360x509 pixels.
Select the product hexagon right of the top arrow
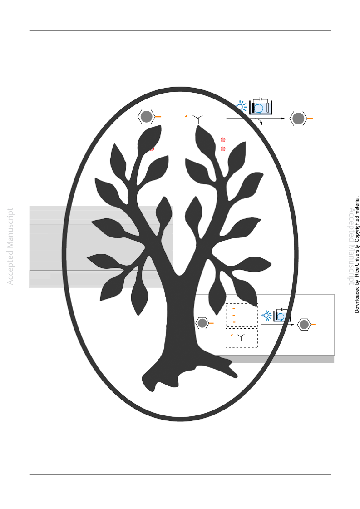point(298,119)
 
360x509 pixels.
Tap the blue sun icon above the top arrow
point(241,106)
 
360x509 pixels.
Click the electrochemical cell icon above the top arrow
point(260,106)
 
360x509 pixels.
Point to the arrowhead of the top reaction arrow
point(283,119)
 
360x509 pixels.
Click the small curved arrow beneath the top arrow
point(259,121)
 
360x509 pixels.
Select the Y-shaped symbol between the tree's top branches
point(197,119)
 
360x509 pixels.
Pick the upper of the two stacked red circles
point(223,140)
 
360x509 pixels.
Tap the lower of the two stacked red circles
point(223,149)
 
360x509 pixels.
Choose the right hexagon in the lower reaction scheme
point(304,324)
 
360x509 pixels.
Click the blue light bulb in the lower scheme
point(266,315)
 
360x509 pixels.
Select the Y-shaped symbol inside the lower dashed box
point(241,338)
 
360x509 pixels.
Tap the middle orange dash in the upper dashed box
point(234,315)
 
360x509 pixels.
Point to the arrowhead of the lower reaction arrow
point(292,324)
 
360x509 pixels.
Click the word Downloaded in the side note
point(357,300)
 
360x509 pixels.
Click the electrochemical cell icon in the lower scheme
point(281,315)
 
